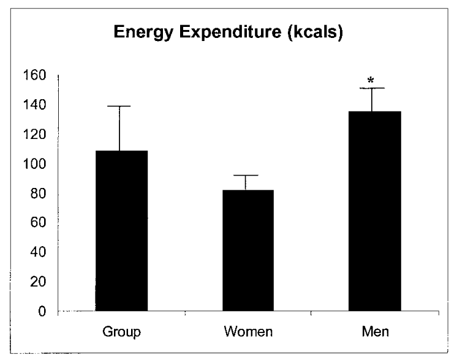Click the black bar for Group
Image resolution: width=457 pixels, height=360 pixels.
(121, 231)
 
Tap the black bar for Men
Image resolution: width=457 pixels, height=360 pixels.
(374, 212)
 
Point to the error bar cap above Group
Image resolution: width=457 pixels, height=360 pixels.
(121, 107)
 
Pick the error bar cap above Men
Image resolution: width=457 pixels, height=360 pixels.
(374, 89)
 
